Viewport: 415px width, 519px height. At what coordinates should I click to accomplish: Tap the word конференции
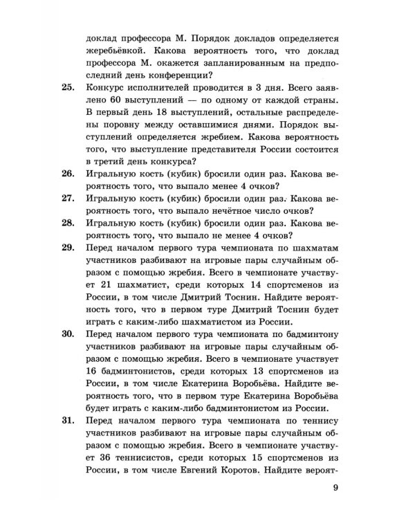click(182, 75)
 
